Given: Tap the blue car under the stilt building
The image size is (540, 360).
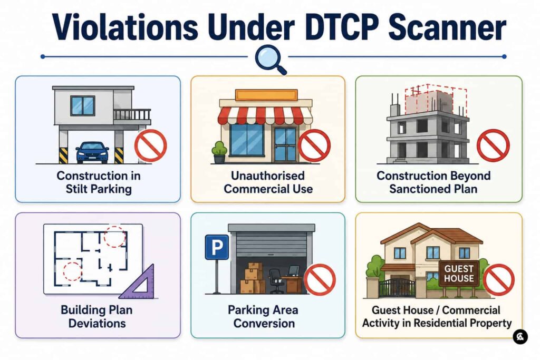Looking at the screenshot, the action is click(x=92, y=152).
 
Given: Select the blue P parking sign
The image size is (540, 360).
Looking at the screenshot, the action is click(x=217, y=247).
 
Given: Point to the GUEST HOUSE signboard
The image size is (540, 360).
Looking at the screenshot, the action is click(x=459, y=273).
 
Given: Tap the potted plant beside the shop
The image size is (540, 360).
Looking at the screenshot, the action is click(x=219, y=152).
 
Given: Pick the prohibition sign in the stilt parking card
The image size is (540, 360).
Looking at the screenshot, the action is click(x=150, y=145).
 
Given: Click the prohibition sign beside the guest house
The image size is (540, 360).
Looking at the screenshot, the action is click(x=498, y=280).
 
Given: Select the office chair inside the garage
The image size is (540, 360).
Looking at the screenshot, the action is click(x=276, y=281).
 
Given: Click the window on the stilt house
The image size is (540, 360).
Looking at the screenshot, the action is click(x=82, y=105).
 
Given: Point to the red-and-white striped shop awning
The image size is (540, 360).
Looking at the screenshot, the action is click(x=265, y=115).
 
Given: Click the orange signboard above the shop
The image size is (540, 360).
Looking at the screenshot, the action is click(x=266, y=95).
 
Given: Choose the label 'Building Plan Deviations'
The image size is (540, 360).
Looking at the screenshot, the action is click(x=97, y=316).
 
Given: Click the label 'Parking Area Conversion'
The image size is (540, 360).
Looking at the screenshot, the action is click(x=263, y=316).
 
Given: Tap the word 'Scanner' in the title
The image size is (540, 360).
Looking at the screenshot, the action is click(x=447, y=26).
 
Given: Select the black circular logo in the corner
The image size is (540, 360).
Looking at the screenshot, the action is click(x=520, y=336).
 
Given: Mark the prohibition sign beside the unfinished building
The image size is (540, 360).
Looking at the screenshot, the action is click(x=493, y=145).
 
